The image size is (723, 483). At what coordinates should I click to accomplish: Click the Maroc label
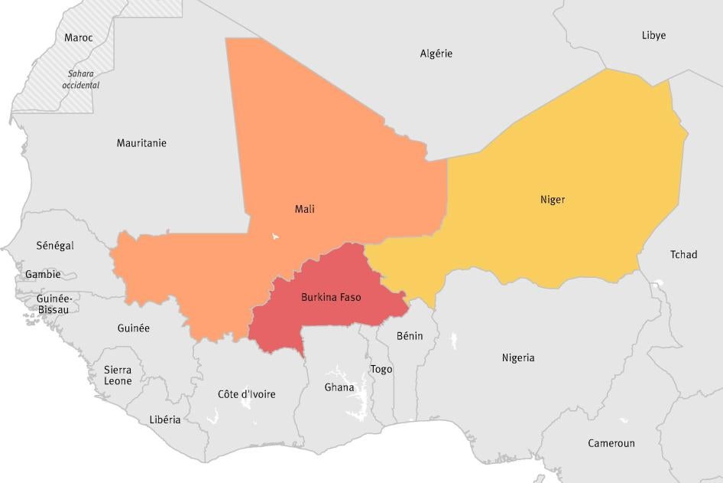point(79,38)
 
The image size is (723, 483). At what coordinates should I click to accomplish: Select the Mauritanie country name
point(141,143)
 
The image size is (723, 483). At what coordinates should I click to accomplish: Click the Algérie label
point(436,54)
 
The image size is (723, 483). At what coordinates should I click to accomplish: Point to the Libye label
point(653,35)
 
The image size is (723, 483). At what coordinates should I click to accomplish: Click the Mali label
point(304,209)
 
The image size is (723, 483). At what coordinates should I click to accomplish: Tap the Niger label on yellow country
point(553,200)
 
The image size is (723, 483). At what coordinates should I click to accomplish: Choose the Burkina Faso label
point(331,297)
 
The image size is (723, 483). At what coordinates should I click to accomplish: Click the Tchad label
point(683,255)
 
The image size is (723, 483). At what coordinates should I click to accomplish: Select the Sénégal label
point(55,246)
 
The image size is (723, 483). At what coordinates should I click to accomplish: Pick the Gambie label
point(42,274)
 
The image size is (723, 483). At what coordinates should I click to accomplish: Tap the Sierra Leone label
point(118,375)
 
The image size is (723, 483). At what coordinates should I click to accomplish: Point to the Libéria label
point(165,419)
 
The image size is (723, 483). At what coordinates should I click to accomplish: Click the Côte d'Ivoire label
point(246,394)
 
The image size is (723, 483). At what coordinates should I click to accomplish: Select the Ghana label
point(339,387)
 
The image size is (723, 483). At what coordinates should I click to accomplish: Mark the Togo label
point(381,370)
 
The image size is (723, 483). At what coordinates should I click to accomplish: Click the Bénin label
point(410,336)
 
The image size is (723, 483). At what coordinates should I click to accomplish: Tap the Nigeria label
point(518,357)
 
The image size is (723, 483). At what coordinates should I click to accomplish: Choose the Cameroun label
point(611,443)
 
